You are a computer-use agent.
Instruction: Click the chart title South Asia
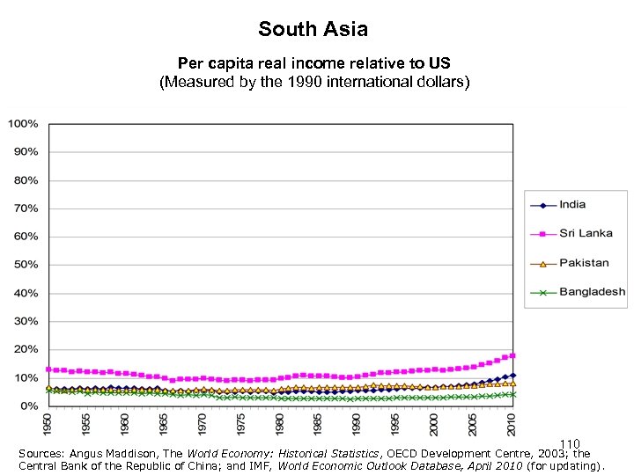[313, 29]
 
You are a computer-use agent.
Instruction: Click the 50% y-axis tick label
[26, 265]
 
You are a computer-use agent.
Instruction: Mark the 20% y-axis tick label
[26, 349]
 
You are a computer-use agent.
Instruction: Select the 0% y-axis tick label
[29, 406]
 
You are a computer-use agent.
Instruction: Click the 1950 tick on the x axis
[49, 423]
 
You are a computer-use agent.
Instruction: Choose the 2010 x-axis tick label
[512, 423]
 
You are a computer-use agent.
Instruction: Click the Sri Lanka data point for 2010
[512, 355]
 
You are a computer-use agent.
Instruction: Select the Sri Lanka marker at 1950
[49, 369]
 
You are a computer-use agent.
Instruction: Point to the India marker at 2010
[512, 375]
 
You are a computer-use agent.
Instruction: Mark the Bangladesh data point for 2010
[512, 394]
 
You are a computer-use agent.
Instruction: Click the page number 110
[569, 444]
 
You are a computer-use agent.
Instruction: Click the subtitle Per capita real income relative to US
[313, 63]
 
